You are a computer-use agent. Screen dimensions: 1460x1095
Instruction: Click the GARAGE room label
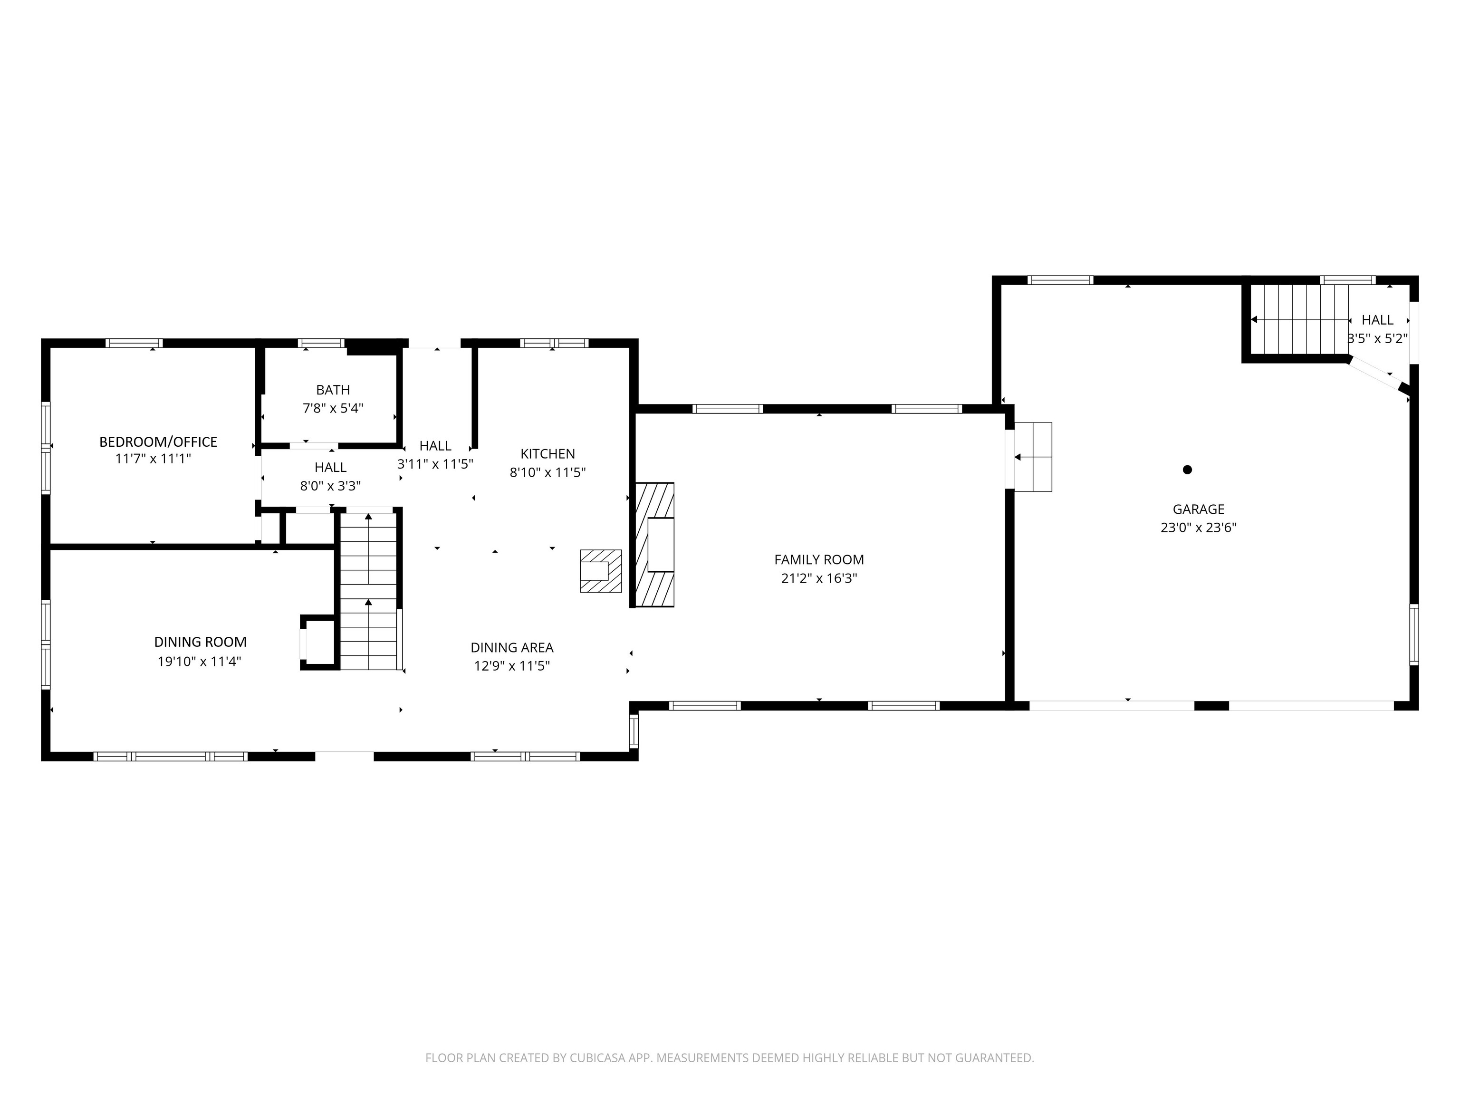click(x=1198, y=509)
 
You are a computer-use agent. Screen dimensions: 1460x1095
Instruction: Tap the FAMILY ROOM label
click(x=819, y=560)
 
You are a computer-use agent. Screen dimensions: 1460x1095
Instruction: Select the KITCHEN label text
click(x=548, y=453)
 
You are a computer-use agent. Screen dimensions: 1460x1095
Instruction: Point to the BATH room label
click(x=333, y=390)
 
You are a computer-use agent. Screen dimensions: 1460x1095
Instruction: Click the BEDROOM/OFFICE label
click(x=158, y=442)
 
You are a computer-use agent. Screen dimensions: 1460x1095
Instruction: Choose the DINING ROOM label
click(x=201, y=642)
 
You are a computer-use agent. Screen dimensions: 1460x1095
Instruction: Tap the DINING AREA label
click(x=512, y=647)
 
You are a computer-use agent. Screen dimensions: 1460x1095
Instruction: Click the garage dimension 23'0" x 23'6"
click(x=1199, y=528)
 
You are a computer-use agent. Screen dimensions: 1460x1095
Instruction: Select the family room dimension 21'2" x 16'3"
click(x=819, y=579)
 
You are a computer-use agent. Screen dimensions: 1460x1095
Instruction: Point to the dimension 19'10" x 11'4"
click(x=199, y=662)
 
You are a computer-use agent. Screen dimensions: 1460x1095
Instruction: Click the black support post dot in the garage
click(x=1187, y=470)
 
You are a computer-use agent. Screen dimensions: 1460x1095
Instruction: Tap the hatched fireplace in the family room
click(x=654, y=545)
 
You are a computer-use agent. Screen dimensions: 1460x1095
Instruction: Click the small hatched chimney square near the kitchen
click(x=601, y=571)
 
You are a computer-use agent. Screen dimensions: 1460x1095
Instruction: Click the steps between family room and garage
click(x=1033, y=457)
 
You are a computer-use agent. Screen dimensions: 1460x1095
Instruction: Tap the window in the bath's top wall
click(x=321, y=343)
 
